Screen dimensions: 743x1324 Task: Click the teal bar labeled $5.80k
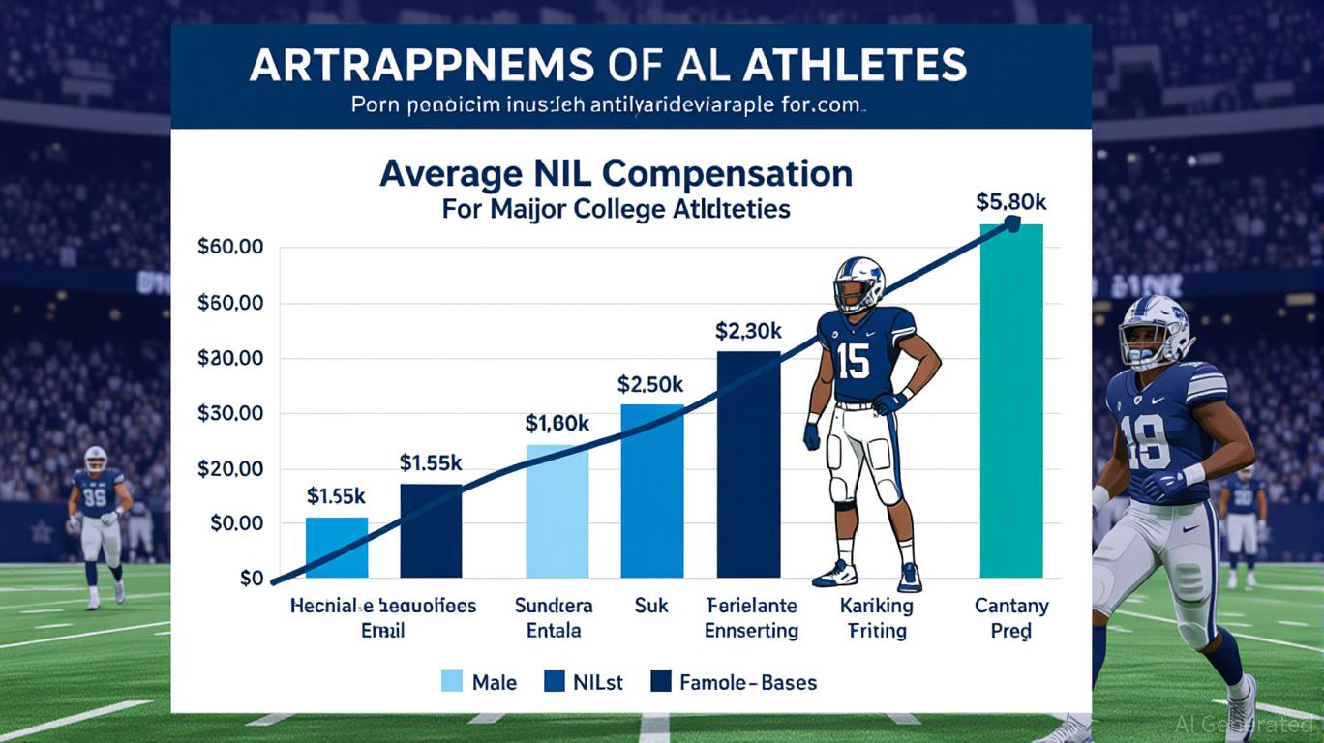point(1011,401)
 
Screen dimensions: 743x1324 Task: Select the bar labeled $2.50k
point(651,490)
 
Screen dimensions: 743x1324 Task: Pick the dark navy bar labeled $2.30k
point(748,464)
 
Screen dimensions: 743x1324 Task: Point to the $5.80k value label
point(1011,203)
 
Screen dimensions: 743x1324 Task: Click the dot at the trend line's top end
point(1012,223)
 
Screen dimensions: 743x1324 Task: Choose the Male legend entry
point(479,682)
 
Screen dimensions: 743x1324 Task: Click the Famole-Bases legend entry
point(735,682)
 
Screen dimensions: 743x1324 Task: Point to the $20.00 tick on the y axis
point(230,468)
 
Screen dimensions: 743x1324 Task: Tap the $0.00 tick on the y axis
point(230,523)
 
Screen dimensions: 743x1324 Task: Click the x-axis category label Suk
point(650,607)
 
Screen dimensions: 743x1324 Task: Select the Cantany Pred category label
point(1011,619)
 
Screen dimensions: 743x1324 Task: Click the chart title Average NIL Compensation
point(616,174)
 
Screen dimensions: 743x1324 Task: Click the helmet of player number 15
point(859,282)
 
